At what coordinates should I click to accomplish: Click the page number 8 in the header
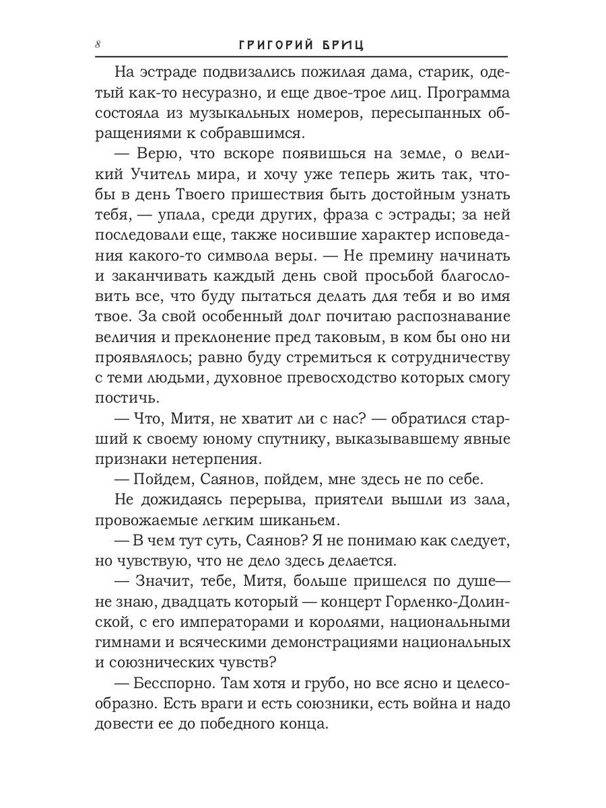click(x=98, y=44)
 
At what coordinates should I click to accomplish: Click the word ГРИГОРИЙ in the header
click(x=278, y=44)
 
